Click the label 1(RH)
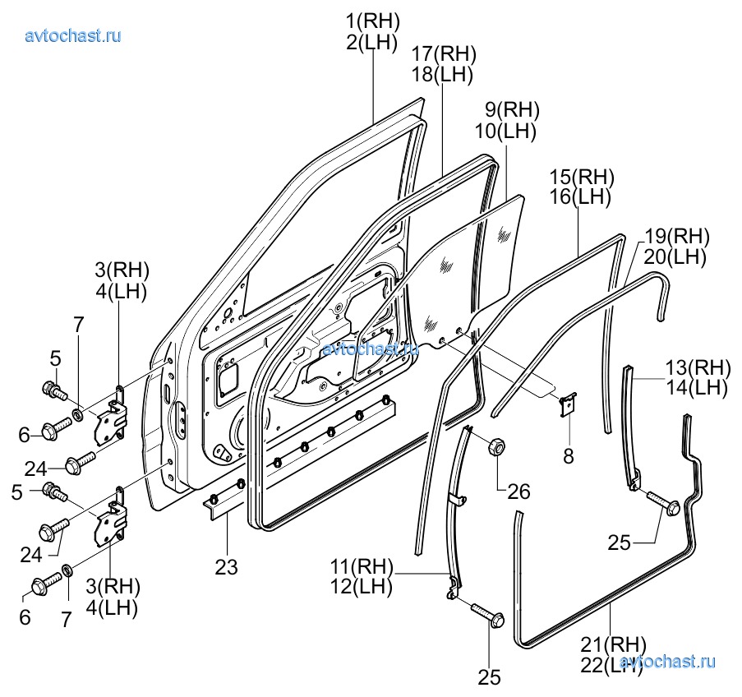click(372, 20)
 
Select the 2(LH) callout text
click(372, 42)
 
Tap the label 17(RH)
click(444, 53)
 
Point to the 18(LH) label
click(444, 75)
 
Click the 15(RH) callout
click(581, 176)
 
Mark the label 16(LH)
click(581, 197)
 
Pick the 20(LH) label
click(675, 257)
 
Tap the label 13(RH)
click(696, 367)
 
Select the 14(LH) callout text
click(696, 387)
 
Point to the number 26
click(518, 492)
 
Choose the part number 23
click(227, 566)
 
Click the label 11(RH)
click(362, 567)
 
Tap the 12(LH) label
click(362, 588)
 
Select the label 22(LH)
click(612, 664)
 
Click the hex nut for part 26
click(496, 447)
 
